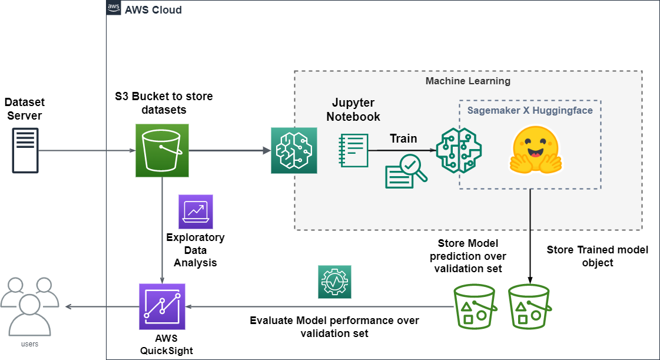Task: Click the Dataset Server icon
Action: tap(25, 150)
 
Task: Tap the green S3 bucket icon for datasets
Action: tap(161, 150)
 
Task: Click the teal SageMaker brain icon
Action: tap(294, 150)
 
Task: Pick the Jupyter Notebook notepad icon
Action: tap(354, 150)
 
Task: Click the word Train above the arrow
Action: tap(403, 139)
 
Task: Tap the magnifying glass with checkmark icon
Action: tap(407, 171)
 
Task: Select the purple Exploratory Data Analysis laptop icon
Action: tap(195, 212)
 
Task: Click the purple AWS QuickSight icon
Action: tap(162, 306)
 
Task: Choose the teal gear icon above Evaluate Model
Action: tap(334, 281)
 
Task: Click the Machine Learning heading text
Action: tap(467, 80)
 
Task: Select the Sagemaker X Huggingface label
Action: tap(530, 110)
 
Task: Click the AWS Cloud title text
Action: tap(153, 9)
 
